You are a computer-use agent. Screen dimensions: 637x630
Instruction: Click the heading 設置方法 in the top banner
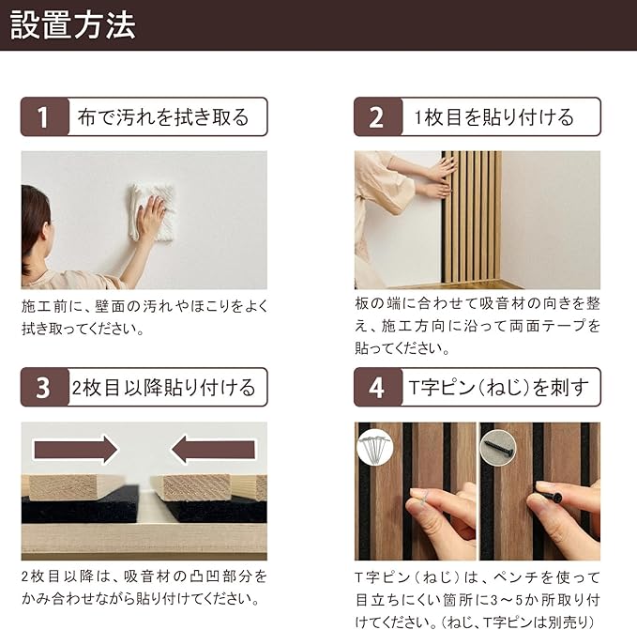73,25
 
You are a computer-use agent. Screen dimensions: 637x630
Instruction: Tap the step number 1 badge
44,116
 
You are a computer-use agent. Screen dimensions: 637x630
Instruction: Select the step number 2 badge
378,116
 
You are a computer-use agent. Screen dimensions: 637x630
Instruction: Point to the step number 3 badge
44,387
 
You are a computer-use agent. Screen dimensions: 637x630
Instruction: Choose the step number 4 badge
378,387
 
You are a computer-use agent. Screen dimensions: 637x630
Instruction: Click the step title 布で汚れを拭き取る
163,117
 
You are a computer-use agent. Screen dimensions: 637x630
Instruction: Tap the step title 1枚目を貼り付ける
493,117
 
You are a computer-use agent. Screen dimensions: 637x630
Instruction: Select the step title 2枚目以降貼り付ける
163,388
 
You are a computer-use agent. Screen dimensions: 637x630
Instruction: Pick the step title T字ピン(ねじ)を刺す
498,388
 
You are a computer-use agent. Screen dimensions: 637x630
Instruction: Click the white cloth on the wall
152,213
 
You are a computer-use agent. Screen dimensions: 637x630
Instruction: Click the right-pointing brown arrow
76,450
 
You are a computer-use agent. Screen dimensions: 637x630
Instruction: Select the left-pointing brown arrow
213,450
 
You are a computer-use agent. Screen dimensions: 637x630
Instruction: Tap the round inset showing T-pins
375,448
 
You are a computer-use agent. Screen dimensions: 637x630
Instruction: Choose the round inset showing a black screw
498,448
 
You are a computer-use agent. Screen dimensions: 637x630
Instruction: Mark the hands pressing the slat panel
439,178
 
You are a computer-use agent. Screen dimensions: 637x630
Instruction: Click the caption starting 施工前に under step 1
144,317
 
